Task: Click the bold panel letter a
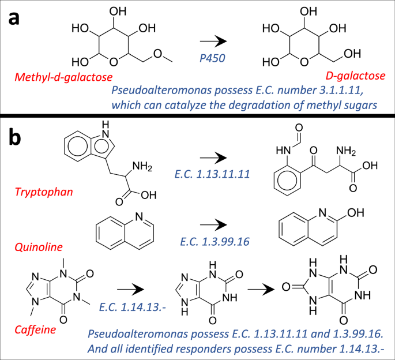[17, 18]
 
